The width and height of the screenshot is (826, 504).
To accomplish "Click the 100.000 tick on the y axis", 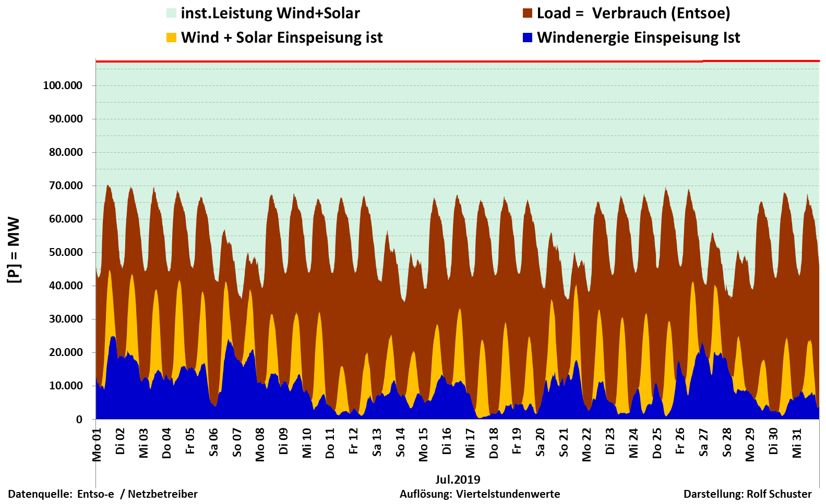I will pos(63,85).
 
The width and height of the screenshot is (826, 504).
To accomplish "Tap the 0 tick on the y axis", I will pos(79,420).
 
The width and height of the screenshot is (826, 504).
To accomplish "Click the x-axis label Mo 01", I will pos(97,445).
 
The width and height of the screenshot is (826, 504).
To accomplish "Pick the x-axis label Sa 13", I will pos(377,443).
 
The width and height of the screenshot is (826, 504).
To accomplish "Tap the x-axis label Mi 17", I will pos(471,443).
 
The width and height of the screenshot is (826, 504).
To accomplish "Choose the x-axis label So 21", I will pos(564,443).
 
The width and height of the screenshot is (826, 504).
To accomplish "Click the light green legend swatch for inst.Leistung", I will pos(171,13).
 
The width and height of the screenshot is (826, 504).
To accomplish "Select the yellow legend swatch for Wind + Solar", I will pos(171,38).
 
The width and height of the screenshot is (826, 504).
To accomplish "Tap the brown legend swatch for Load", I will pos(528,13).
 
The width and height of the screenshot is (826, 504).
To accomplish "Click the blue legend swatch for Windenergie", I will pos(528,38).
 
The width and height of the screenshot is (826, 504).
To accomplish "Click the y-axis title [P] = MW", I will pos(14,250).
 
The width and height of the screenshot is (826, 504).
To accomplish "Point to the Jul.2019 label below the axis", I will pos(458,480).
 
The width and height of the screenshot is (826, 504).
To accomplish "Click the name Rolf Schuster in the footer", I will pos(779,494).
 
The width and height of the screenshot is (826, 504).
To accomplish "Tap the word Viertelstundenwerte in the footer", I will pos(508,494).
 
